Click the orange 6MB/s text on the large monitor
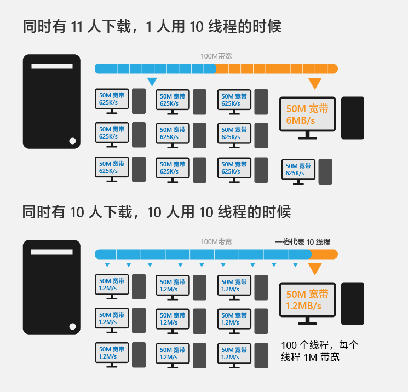tap(301, 120)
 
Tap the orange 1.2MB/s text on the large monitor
tap(303, 306)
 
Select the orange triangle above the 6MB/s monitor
tap(315, 83)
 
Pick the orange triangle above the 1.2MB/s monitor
tap(315, 269)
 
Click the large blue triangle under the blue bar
tap(152, 82)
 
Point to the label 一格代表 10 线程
tap(303, 242)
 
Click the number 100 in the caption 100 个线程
tap(289, 345)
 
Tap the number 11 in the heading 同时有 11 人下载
tap(77, 26)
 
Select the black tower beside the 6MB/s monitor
tap(353, 118)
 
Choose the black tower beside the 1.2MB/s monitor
tap(353, 303)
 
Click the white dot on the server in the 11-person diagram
tap(73, 141)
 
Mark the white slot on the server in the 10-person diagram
tap(51, 252)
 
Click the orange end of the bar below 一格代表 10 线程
tap(325, 254)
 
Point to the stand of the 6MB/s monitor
tap(307, 135)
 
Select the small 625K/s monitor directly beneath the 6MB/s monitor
tap(298, 172)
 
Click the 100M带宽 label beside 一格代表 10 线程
tap(216, 242)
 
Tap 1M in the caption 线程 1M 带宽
tap(310, 357)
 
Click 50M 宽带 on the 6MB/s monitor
tap(307, 109)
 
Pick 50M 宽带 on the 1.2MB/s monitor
tap(307, 294)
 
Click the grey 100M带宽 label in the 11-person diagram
tap(216, 56)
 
